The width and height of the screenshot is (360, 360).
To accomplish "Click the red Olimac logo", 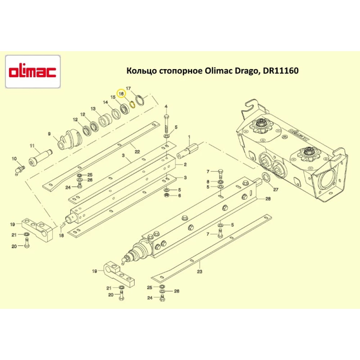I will pos(33,71).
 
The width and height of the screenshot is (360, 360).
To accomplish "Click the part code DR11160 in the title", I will pos(281,71).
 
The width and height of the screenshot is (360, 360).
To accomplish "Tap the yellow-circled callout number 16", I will pos(121,93).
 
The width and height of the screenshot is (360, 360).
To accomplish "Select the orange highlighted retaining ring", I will pos(132,104).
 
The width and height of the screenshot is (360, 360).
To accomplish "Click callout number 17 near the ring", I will pos(128,88).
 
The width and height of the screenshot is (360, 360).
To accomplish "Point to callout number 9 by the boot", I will pos(50,134).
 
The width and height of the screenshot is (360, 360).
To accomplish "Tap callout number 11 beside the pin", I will pos(32,146).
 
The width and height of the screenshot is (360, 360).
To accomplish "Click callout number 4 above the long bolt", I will pos(166,107).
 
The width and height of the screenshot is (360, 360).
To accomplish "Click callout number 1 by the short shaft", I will pos(189,137).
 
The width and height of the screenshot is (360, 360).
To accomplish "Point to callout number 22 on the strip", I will pos(137,152).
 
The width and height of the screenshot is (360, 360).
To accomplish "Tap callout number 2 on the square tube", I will pos(185,165).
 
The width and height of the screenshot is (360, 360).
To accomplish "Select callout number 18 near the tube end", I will pos(61,235).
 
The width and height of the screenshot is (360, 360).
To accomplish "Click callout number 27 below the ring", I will pos(276,189).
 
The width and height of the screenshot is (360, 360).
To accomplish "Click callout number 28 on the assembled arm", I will pos(268,199).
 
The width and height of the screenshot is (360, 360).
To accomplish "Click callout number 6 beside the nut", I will pos(180,195).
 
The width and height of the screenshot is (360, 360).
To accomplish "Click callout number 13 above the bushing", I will pos(93,109).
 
